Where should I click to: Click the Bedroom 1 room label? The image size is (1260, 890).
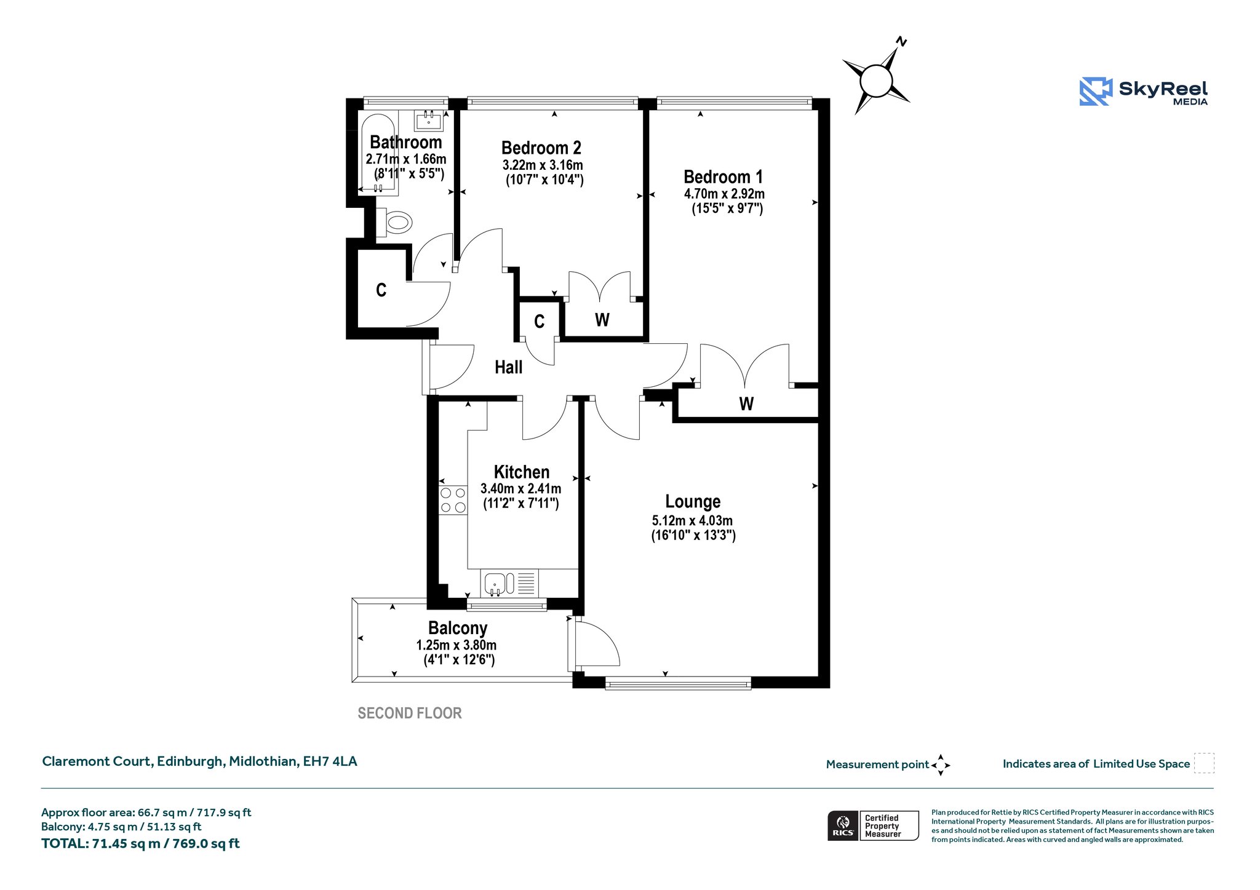(723, 177)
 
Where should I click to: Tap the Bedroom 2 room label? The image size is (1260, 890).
(541, 148)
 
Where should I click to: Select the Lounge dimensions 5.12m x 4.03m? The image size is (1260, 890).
(692, 520)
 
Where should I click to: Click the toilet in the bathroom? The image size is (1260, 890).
(394, 222)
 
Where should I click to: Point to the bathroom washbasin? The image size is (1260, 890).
(429, 121)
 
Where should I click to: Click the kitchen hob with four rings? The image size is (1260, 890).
(453, 500)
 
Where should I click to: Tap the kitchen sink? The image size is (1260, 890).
(495, 583)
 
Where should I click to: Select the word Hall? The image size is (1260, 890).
(508, 368)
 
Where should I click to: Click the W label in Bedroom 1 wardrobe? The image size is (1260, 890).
(746, 404)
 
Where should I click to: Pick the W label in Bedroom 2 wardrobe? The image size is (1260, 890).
(602, 320)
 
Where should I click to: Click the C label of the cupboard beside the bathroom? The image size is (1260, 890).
(381, 290)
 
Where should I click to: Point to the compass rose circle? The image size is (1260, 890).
(875, 81)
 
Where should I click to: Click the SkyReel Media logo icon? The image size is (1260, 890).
(1096, 92)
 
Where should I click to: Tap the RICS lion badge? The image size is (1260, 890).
(843, 825)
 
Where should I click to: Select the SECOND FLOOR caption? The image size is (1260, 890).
(410, 713)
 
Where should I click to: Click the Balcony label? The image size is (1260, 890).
(458, 629)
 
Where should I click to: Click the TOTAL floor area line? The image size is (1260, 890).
(140, 844)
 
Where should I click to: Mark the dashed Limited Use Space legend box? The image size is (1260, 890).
(1204, 763)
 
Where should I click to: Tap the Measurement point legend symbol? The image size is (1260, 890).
(941, 765)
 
